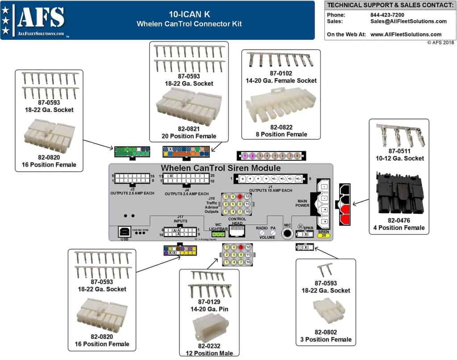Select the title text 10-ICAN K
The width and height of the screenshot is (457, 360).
click(x=189, y=14)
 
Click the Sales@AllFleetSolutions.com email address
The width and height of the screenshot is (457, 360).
click(x=408, y=21)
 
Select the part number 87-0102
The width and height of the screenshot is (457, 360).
click(x=281, y=73)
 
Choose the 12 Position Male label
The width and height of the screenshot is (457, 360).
click(x=209, y=353)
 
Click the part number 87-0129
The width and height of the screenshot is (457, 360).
click(x=209, y=302)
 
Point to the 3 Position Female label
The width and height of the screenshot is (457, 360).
click(x=326, y=339)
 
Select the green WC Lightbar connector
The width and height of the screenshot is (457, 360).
click(x=218, y=234)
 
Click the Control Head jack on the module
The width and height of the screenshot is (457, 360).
click(x=237, y=231)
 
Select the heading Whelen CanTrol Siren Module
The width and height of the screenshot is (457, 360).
click(x=221, y=168)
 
